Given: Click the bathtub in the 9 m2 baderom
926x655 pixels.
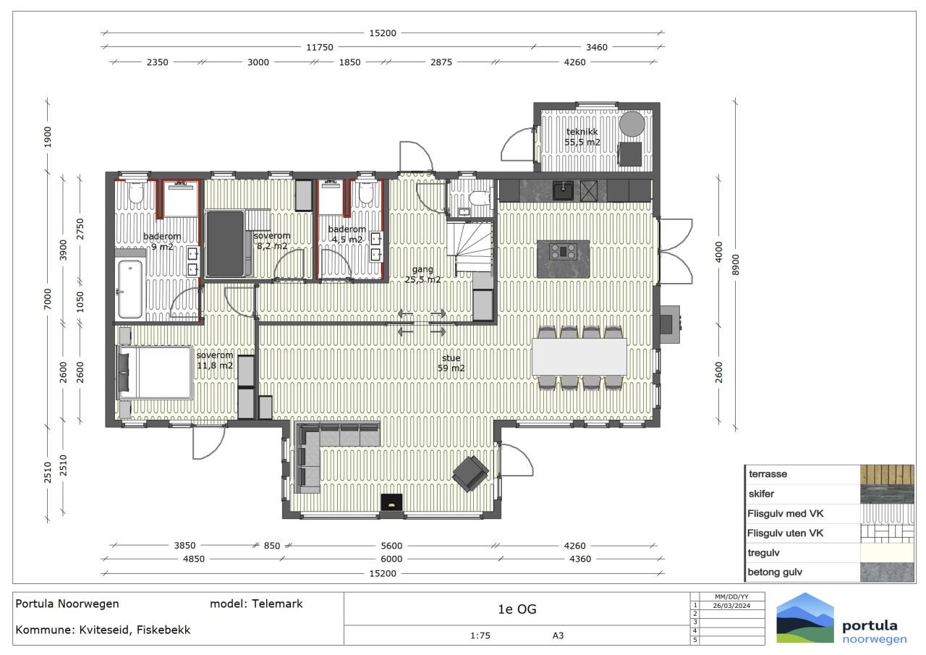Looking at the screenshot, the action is click(130, 289).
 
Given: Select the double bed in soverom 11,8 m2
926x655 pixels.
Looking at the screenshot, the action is click(155, 373).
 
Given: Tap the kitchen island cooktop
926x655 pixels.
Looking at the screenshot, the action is click(563, 251).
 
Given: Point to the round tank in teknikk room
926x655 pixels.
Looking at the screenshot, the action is click(632, 124).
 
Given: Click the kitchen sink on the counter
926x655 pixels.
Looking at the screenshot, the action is click(563, 190).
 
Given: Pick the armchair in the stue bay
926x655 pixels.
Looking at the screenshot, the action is click(470, 474).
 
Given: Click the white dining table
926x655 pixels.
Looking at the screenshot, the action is click(579, 356).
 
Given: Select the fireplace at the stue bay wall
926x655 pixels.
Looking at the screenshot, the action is click(391, 502).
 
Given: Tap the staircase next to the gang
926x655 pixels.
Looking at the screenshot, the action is click(470, 247).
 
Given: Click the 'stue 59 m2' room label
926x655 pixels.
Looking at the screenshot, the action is click(451, 363).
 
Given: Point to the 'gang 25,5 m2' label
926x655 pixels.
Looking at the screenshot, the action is click(422, 274).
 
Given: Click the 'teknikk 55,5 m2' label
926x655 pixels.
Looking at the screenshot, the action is click(582, 137).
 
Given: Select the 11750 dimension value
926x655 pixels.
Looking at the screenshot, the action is click(320, 47).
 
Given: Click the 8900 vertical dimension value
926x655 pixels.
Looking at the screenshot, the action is click(736, 265).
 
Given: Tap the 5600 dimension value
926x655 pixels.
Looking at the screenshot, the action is click(391, 546).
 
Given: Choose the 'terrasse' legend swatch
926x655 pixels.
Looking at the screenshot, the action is click(887, 474).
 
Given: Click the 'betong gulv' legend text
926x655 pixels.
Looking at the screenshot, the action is click(775, 572).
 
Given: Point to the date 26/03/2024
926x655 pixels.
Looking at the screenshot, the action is click(731, 606).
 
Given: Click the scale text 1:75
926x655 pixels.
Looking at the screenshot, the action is click(480, 635).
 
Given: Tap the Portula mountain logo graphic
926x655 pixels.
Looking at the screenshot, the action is click(805, 618).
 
